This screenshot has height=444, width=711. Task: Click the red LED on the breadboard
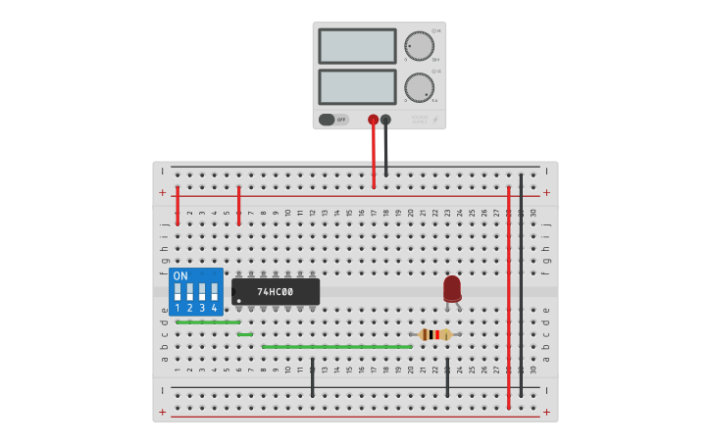tap(452, 288)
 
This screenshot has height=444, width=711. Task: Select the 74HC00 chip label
tap(276, 292)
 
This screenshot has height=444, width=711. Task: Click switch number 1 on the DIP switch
tap(178, 292)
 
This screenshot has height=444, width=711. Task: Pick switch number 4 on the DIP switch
tap(214, 292)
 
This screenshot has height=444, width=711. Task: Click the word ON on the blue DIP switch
tap(180, 276)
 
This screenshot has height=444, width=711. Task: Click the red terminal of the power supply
tap(374, 120)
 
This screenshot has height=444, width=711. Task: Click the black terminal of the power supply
tap(385, 120)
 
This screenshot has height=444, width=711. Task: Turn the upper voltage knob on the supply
tap(419, 46)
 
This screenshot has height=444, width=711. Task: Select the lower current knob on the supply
tap(419, 87)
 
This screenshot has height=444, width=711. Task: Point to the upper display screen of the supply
tap(357, 46)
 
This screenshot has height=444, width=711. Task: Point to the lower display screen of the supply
tap(357, 86)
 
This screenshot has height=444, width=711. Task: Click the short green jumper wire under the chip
tap(245, 334)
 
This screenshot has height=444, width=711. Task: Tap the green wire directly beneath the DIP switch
tap(208, 321)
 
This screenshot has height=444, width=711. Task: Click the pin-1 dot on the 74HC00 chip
tap(238, 301)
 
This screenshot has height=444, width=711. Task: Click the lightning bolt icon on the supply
tap(436, 121)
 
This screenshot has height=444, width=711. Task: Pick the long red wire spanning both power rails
tap(509, 294)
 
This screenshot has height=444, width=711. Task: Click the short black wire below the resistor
tap(447, 377)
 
